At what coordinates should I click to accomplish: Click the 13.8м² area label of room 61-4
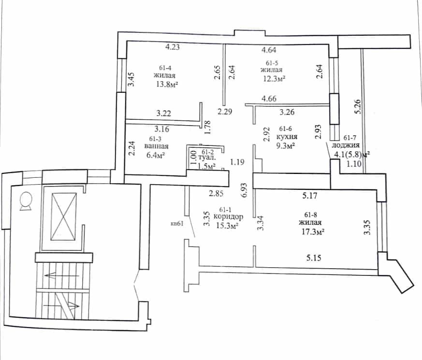coord(167,84)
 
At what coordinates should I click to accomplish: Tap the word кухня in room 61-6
coord(287,137)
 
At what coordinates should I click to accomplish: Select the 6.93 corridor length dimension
coord(244,190)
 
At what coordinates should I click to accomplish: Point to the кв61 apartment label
coord(177,224)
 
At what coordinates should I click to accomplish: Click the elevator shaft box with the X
coord(63,216)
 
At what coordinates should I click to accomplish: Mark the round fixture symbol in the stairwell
coord(26,201)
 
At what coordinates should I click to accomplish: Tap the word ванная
coord(156,146)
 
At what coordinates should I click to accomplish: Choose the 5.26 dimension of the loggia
coord(358,106)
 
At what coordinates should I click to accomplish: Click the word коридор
coord(228,216)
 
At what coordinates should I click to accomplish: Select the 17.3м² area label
coord(312,231)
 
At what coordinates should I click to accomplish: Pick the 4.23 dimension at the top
coord(172,47)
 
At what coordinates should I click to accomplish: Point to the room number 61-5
coord(272,63)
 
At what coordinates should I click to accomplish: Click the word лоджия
coord(346,145)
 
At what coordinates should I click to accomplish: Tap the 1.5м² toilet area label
coord(206,166)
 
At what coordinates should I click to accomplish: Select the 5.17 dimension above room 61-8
coord(310,196)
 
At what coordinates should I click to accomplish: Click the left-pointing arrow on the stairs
coord(62,275)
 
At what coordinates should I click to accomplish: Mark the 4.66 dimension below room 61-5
coord(269,99)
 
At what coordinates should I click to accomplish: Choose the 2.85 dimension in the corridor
coord(216,193)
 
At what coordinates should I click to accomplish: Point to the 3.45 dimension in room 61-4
coord(131,79)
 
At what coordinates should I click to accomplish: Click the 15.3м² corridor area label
coord(227,226)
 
